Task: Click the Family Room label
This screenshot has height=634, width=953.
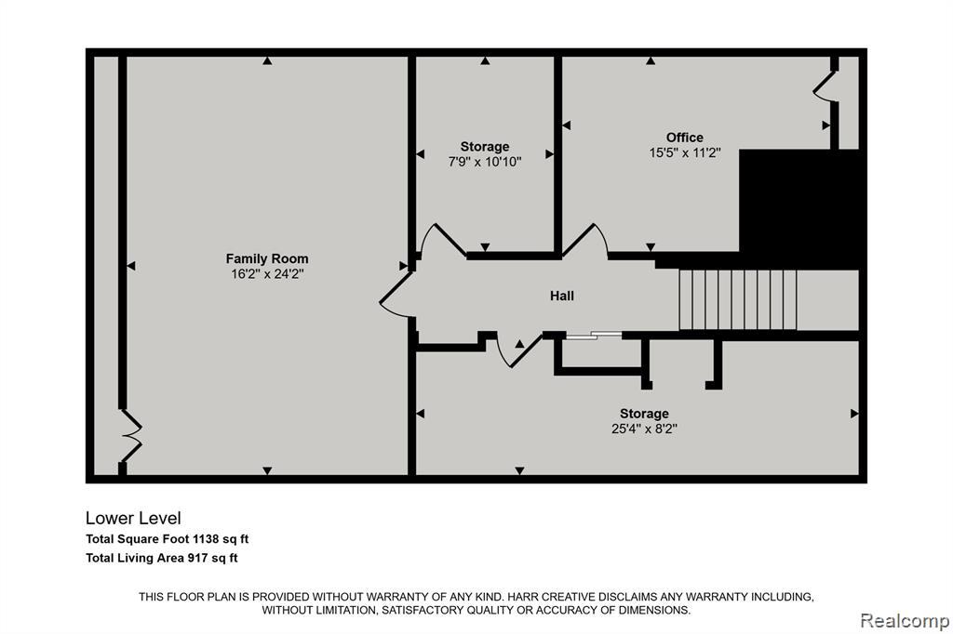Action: [267, 258]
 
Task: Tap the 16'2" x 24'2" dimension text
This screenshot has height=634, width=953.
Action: [267, 274]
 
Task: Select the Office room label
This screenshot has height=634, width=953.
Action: [684, 138]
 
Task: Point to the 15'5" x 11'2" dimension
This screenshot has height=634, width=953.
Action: [684, 152]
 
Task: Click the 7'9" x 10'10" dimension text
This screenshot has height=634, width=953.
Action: [484, 162]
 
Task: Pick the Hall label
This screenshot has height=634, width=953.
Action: [561, 296]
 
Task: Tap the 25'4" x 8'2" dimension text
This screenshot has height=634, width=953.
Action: [644, 429]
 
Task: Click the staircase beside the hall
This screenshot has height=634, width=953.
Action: [737, 300]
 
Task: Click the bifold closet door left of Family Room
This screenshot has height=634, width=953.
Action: [131, 435]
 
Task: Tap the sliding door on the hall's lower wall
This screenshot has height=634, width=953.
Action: [594, 335]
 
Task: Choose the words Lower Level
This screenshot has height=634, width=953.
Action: [133, 518]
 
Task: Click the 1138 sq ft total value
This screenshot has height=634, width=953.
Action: [221, 538]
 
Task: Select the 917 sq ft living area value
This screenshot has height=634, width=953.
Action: [213, 558]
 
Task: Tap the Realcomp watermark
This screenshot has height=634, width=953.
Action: [905, 621]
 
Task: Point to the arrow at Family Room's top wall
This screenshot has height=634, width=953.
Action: [267, 60]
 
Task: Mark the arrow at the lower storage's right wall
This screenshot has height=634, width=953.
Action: [854, 414]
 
